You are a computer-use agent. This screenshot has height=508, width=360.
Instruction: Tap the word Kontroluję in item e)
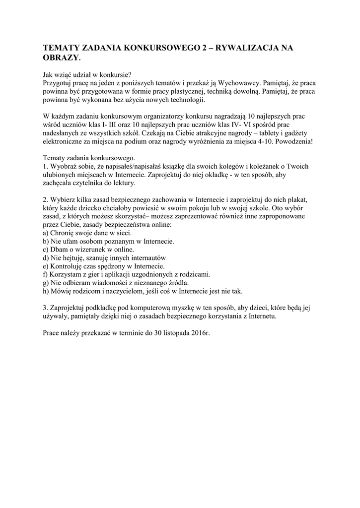[x=67, y=266]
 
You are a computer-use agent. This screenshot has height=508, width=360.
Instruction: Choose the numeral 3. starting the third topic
[x=46, y=308]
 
